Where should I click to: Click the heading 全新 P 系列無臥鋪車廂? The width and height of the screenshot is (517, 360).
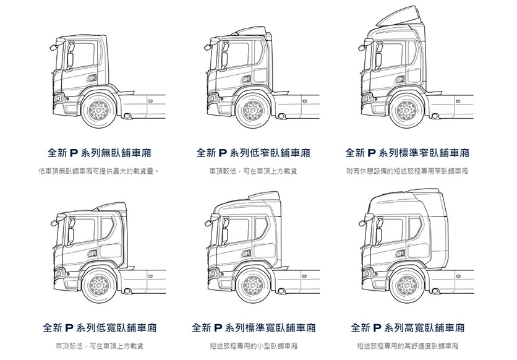(x=99, y=153)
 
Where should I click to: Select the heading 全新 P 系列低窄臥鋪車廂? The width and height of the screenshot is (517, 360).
(x=253, y=153)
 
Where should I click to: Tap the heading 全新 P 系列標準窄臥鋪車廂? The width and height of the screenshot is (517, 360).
(x=407, y=153)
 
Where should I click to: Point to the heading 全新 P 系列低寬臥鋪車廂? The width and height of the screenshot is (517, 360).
(x=100, y=328)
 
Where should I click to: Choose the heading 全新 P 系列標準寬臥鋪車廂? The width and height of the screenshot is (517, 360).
(x=254, y=328)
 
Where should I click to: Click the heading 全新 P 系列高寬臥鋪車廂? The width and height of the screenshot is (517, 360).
(x=408, y=328)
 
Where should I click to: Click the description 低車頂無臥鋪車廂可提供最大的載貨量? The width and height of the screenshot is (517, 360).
(x=99, y=171)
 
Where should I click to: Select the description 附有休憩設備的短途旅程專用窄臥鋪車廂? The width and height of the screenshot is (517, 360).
(x=407, y=171)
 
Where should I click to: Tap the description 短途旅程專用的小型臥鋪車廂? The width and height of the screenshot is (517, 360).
(x=254, y=346)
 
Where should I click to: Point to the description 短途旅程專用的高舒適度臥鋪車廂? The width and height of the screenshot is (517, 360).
(x=408, y=346)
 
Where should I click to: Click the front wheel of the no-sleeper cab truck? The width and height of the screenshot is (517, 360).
(x=98, y=110)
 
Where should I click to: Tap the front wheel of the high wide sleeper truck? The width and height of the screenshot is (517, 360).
(x=407, y=286)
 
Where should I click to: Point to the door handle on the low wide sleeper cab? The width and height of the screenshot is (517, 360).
(x=92, y=254)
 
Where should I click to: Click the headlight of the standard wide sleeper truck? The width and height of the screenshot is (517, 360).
(x=212, y=273)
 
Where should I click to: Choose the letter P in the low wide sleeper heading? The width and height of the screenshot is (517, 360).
(x=69, y=328)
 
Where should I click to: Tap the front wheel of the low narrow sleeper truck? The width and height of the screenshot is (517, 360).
(x=253, y=110)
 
